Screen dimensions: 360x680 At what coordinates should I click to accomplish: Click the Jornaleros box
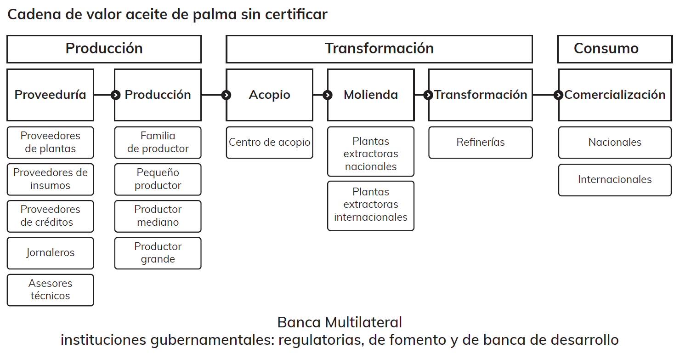(50, 253)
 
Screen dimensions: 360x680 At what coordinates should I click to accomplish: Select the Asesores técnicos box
(50, 290)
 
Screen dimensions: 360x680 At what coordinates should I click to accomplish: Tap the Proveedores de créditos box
(50, 216)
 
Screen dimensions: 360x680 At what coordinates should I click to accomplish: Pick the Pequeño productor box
(158, 179)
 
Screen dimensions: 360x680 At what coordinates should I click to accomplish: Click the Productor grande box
(158, 253)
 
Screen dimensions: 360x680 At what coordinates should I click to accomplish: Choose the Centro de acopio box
(269, 143)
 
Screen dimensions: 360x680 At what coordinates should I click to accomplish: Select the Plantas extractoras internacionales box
(370, 206)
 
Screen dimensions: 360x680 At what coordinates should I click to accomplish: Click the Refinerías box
(480, 143)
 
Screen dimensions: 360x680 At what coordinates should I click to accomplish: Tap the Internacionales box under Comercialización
(614, 180)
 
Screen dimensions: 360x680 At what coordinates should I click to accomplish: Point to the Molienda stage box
(370, 95)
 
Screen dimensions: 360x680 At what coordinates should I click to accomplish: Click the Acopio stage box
(269, 95)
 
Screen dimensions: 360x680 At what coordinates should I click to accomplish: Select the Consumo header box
(614, 49)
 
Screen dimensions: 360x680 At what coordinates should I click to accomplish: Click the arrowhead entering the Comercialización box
(558, 95)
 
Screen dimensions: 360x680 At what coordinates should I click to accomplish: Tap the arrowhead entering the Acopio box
(226, 95)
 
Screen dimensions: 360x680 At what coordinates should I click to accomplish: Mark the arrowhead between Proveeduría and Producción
(114, 95)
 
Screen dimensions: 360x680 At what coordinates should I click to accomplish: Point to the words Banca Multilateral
(340, 322)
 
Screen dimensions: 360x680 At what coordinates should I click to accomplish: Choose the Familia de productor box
(158, 142)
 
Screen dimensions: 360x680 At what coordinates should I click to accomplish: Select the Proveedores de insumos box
(50, 179)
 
